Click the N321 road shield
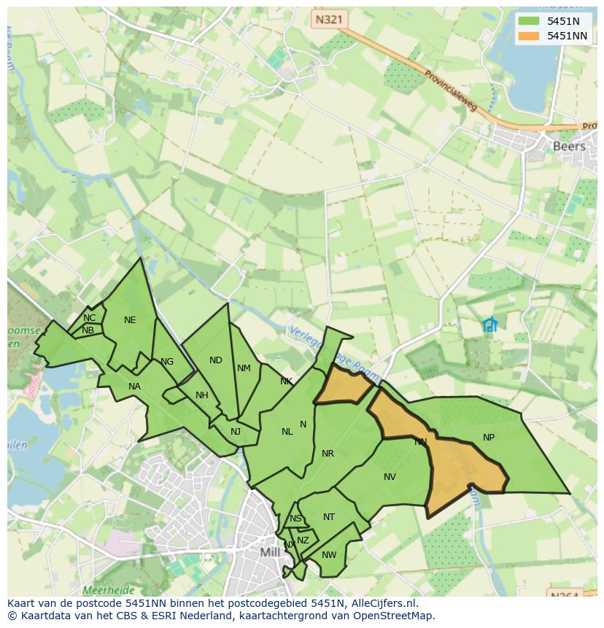pyautogui.click(x=327, y=20)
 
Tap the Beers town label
pyautogui.click(x=569, y=146)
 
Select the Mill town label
pyautogui.click(x=270, y=552)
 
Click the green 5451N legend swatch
pyautogui.click(x=529, y=21)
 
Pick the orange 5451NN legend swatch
pyautogui.click(x=529, y=36)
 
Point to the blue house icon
pyautogui.click(x=489, y=325)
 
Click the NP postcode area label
pyautogui.click(x=489, y=438)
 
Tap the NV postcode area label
pyautogui.click(x=390, y=477)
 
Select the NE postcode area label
pyautogui.click(x=130, y=320)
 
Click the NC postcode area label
pyautogui.click(x=89, y=318)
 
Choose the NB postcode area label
pyautogui.click(x=88, y=330)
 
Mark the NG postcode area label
pyautogui.click(x=167, y=362)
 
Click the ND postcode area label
pyautogui.click(x=215, y=360)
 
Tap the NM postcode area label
pyautogui.click(x=244, y=368)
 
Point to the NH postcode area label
pyautogui.click(x=202, y=396)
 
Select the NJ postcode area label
pyautogui.click(x=236, y=432)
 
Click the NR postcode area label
pyautogui.click(x=328, y=454)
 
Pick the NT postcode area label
pyautogui.click(x=329, y=517)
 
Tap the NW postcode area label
pyautogui.click(x=329, y=555)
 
